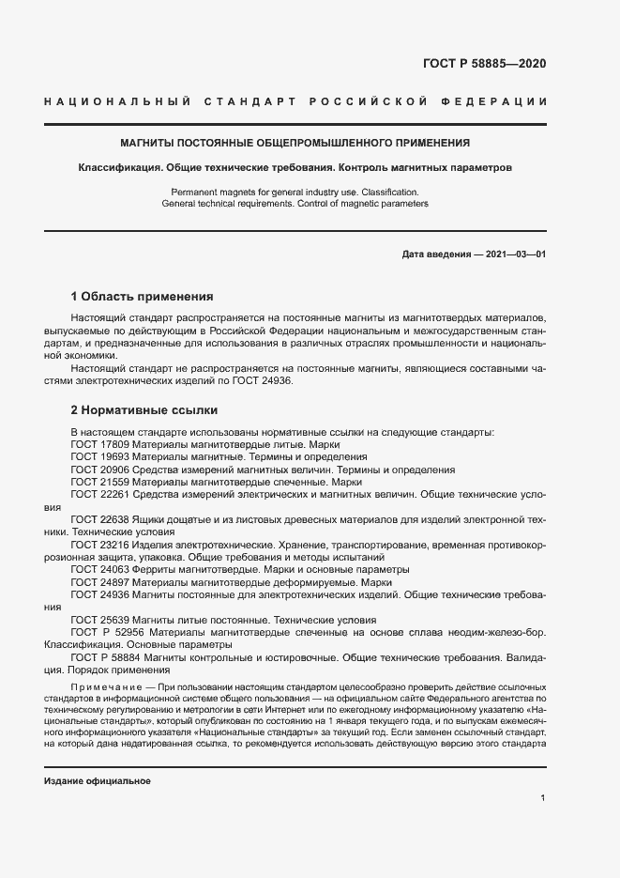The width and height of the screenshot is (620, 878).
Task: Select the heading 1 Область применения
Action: click(143, 295)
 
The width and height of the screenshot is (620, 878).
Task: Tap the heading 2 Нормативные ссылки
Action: click(144, 410)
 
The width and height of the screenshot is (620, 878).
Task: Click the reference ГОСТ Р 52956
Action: click(105, 633)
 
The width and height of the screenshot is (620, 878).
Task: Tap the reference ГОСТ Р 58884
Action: click(105, 658)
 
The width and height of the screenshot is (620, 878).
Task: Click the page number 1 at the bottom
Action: click(543, 798)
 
